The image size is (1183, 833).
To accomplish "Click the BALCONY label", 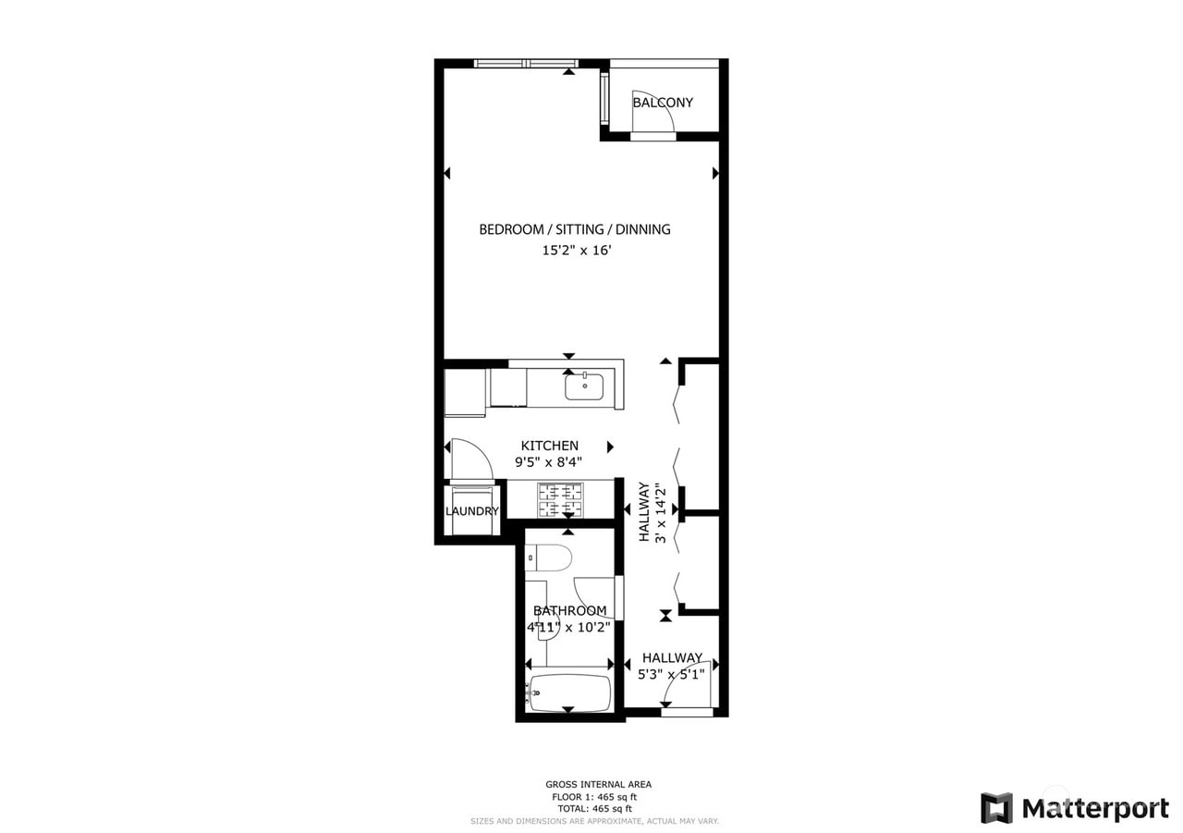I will point(663,103).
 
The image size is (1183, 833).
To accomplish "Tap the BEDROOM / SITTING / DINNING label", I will point(574,229).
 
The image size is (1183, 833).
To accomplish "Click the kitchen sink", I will point(584,386).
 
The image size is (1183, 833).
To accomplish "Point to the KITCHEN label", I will point(549,446).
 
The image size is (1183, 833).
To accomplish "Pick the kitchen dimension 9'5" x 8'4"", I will point(548,462).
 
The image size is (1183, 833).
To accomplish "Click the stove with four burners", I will point(560,500).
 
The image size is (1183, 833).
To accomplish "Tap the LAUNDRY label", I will point(471,511).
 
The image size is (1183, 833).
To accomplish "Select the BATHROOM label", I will point(570,610).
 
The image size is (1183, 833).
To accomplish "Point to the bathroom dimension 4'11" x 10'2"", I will point(568,626).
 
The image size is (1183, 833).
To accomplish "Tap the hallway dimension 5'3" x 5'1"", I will point(672,674).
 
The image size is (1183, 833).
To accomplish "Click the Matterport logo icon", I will point(996,807).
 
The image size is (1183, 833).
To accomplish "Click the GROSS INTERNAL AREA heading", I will point(598,784).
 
